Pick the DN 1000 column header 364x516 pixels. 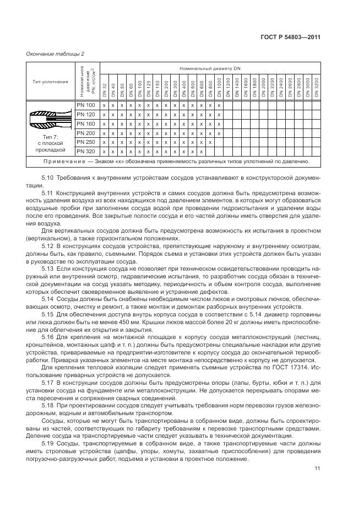tap(219, 88)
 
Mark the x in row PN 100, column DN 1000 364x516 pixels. tap(219, 105)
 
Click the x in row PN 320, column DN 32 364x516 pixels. tap(104, 151)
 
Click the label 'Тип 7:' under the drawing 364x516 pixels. tap(50, 136)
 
